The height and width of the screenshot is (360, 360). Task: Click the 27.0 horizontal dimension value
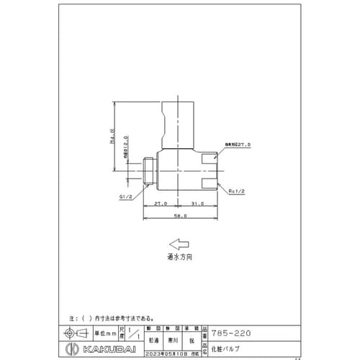coord(161,204)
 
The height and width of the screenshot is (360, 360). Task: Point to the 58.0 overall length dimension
coord(180,216)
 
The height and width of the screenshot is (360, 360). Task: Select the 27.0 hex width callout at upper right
coord(237,145)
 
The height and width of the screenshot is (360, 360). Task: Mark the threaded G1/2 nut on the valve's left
coord(148,171)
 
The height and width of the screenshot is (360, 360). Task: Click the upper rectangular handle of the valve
coord(178,123)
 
